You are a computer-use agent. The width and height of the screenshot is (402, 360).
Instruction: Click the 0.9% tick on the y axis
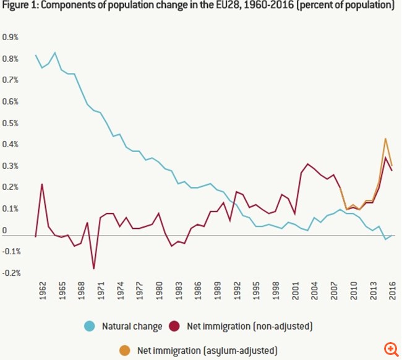click(x=11, y=37)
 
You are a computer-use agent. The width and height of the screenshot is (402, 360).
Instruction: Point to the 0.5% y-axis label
click(x=11, y=122)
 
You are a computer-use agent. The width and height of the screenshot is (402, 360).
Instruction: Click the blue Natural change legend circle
click(x=89, y=326)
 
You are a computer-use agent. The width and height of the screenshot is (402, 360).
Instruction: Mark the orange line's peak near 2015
click(x=385, y=139)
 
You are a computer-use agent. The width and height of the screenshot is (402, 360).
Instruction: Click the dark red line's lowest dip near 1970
click(x=94, y=268)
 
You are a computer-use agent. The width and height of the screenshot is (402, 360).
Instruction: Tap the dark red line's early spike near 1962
click(x=42, y=184)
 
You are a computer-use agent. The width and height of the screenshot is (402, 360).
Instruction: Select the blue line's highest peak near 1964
click(x=55, y=53)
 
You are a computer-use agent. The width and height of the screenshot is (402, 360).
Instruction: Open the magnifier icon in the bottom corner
click(x=390, y=349)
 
